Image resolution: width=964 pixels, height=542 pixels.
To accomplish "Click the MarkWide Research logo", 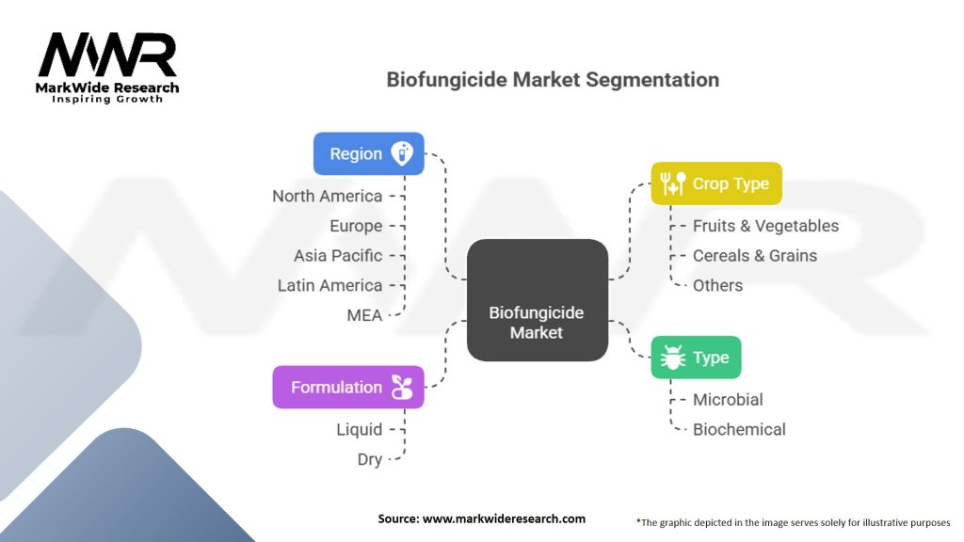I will (x=107, y=66).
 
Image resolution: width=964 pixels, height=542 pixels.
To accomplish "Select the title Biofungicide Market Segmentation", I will (x=553, y=79).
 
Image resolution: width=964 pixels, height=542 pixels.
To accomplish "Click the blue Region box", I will (x=368, y=153).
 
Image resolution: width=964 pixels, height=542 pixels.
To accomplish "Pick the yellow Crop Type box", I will (x=715, y=183).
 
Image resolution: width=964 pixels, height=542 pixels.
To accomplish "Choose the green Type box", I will (x=696, y=358).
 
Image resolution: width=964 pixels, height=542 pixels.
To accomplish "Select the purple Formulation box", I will (x=348, y=387).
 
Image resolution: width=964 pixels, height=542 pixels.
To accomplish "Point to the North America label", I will (x=327, y=196).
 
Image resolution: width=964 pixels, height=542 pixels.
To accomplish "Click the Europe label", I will (x=356, y=226).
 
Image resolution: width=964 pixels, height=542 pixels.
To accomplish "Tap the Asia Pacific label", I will (x=338, y=255).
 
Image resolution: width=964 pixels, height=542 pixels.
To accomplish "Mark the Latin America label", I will (x=329, y=285).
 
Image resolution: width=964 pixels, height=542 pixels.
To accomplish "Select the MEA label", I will (x=364, y=315).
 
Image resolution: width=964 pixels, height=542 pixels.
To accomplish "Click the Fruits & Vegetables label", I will (x=765, y=226).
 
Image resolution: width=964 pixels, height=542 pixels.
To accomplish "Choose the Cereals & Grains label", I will (x=755, y=255).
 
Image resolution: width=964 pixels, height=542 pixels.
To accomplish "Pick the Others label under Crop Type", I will (x=717, y=285).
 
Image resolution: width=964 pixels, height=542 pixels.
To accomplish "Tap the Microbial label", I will (x=728, y=399).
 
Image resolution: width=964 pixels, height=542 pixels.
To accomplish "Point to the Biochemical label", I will (x=739, y=429).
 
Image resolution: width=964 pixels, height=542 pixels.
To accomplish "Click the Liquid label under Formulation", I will (x=360, y=429).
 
